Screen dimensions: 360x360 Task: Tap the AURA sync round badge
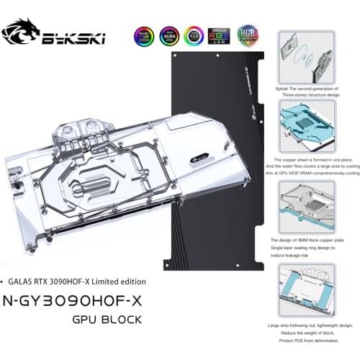click(x=169, y=36)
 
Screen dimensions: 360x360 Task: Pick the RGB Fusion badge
click(x=246, y=36)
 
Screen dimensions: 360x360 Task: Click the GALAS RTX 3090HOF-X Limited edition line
click(x=78, y=281)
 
